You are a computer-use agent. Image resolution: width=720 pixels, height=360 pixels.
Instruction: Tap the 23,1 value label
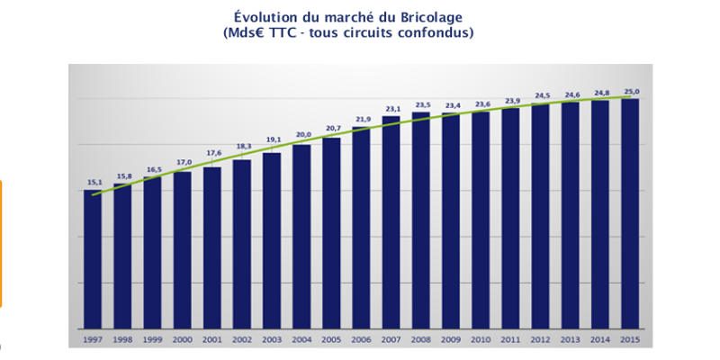coord(391,108)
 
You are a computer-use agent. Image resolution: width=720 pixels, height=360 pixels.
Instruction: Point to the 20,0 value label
coord(301,135)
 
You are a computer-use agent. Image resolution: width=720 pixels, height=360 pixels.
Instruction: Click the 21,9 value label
coord(361,119)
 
